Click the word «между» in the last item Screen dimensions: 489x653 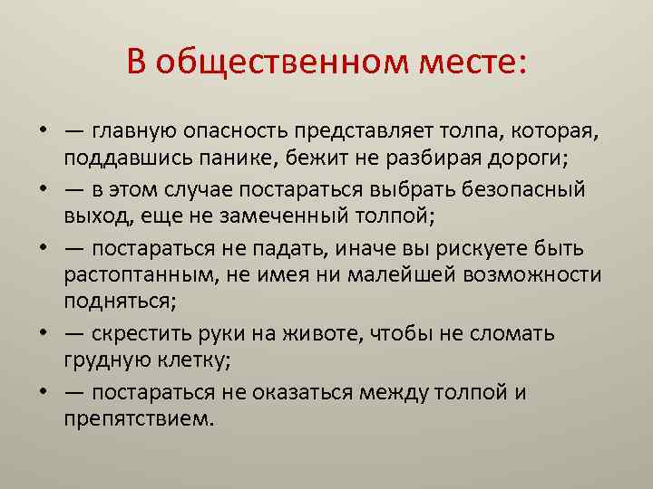396,392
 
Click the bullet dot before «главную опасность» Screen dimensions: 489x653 43,133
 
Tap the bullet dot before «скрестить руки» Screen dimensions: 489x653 43,334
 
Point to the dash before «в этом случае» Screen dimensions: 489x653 76,190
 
